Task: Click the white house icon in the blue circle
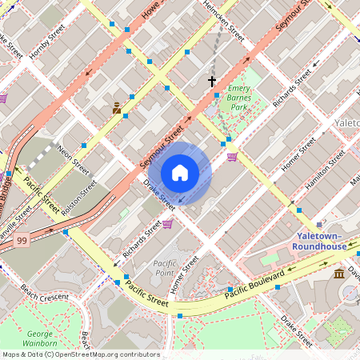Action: pos(180,173)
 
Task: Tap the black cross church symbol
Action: pos(212,81)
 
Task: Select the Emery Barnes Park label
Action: pos(239,97)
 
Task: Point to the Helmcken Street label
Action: pos(223,20)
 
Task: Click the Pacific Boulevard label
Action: pos(254,285)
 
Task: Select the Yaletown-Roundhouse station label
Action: pos(321,242)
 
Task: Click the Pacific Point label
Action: pos(164,268)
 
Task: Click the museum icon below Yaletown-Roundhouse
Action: pos(339,274)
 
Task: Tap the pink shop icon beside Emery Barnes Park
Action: pos(232,157)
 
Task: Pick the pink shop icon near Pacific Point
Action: pos(167,224)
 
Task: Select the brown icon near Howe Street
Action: pos(117,107)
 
